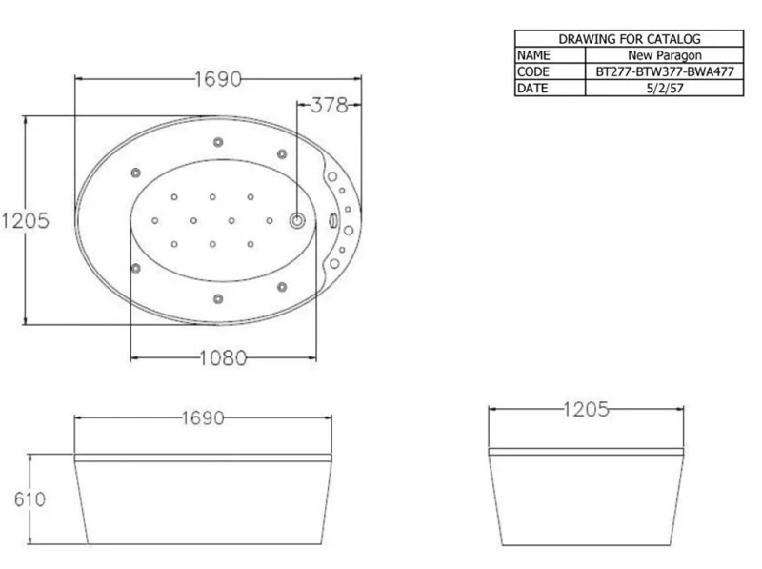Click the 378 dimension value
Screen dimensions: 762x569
330,105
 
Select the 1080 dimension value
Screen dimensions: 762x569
223,358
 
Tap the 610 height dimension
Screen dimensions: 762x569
30,499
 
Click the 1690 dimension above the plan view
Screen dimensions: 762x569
218,79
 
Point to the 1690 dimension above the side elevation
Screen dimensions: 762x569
203,417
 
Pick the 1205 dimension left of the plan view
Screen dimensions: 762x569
26,221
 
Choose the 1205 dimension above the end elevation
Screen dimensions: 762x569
586,410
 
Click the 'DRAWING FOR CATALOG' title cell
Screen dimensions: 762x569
630,39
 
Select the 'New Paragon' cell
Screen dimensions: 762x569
665,55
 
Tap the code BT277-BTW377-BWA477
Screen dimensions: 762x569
665,72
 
